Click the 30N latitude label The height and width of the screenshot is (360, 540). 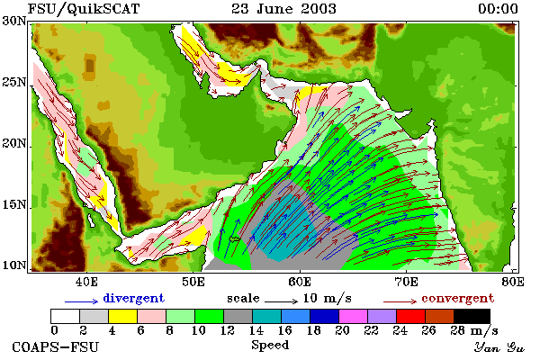(14, 21)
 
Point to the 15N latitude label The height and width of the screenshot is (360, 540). (14, 204)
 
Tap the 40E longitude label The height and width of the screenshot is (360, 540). (86, 282)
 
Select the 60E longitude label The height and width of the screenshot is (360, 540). (300, 282)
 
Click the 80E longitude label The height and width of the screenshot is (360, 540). (513, 282)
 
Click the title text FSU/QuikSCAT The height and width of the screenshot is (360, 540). (84, 9)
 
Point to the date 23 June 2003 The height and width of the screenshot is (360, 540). (283, 9)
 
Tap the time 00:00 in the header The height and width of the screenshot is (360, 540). (498, 9)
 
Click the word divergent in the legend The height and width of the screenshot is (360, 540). (133, 298)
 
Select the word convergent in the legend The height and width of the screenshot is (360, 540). (458, 298)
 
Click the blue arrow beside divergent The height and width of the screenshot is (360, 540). (82, 301)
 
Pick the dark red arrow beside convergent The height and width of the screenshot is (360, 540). (400, 301)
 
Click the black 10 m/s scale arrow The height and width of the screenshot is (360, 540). (281, 301)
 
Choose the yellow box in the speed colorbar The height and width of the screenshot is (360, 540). (123, 316)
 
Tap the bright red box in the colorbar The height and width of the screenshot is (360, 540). (411, 316)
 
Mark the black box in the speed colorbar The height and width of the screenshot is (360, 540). (472, 316)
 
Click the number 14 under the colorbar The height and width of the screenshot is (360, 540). (256, 330)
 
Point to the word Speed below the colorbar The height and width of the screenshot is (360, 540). (270, 346)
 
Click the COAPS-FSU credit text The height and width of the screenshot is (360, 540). (56, 346)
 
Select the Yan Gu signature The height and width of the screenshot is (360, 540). (499, 347)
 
